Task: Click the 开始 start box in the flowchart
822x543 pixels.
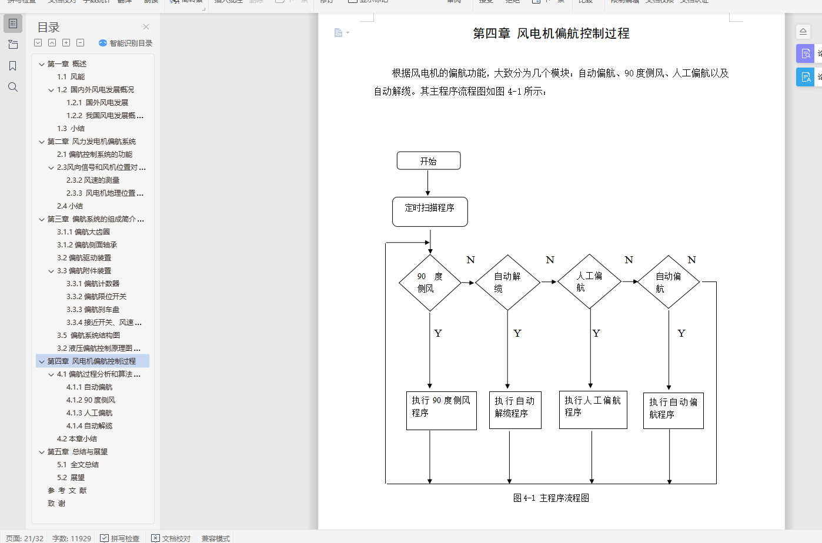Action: click(x=429, y=161)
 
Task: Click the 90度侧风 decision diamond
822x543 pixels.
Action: click(x=430, y=283)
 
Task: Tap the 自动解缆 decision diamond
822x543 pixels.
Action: click(x=507, y=283)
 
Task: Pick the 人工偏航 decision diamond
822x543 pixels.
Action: click(x=589, y=281)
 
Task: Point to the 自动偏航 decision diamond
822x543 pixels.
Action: click(x=669, y=282)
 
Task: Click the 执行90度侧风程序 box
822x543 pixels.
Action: click(x=441, y=410)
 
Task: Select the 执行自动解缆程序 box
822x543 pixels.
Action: click(x=515, y=410)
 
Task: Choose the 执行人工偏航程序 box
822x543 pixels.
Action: click(x=593, y=410)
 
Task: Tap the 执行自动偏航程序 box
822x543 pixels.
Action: click(x=673, y=411)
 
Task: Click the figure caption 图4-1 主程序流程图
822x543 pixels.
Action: click(x=551, y=498)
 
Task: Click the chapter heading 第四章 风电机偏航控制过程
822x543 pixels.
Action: click(x=551, y=33)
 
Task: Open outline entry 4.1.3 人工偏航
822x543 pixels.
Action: click(x=89, y=413)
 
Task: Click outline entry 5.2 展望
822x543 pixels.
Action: click(x=71, y=478)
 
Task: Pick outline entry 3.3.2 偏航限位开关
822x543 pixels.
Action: click(x=96, y=297)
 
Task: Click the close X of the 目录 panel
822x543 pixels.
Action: click(x=146, y=27)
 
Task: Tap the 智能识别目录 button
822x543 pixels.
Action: click(x=125, y=43)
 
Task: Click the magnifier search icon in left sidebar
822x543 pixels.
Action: click(x=13, y=87)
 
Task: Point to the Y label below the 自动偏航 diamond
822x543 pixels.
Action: click(x=681, y=333)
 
